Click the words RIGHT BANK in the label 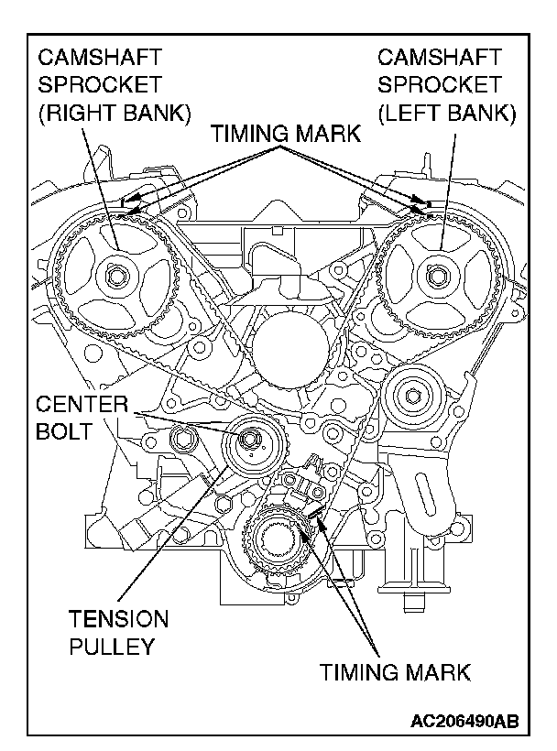tap(115, 114)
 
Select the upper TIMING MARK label tap(286, 134)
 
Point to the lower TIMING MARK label tap(395, 672)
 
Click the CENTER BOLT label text tap(82, 418)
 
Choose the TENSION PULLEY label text tap(118, 632)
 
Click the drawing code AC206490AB tap(464, 722)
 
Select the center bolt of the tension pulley tap(248, 439)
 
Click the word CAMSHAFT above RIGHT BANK tap(100, 58)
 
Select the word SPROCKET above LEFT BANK tap(439, 85)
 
